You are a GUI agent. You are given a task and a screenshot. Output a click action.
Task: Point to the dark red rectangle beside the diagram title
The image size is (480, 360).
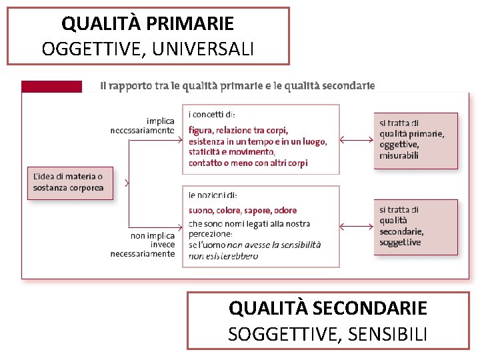52,87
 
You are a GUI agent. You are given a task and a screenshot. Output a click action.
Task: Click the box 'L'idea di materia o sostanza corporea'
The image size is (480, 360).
69,182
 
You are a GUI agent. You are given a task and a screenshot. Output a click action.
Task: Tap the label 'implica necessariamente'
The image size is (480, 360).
143,126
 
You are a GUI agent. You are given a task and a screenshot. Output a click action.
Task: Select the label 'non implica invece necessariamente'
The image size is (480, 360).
143,245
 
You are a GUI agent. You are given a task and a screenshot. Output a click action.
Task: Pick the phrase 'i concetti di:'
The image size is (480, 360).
212,115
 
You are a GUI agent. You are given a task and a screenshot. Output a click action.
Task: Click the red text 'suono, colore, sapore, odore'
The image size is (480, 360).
243,211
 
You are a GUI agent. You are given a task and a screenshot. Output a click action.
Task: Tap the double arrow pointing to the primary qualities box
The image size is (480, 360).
356,140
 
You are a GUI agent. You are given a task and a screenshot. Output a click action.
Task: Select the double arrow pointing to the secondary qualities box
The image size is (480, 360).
356,227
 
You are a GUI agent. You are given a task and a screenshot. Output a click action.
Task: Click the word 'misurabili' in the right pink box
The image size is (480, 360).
399,155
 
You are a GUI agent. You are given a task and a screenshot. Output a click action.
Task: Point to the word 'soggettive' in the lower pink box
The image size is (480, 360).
400,243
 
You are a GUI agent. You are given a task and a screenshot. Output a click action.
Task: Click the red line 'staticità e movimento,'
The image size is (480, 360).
231,152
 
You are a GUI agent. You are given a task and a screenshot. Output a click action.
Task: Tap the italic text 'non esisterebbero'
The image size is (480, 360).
223,256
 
